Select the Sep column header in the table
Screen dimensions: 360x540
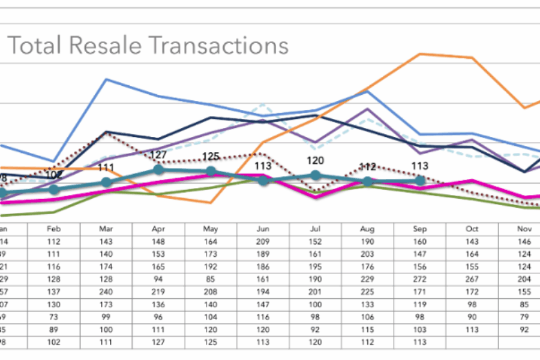(x=419, y=229)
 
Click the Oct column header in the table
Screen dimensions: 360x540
(x=472, y=229)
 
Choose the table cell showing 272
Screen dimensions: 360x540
(x=419, y=279)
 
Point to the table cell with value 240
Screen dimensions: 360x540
(x=106, y=292)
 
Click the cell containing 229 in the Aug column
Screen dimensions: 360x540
(x=367, y=279)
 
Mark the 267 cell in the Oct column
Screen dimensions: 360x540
(x=472, y=279)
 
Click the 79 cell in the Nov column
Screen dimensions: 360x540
(x=524, y=317)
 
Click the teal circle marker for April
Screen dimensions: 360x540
(x=158, y=170)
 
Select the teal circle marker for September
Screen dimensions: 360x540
(x=419, y=180)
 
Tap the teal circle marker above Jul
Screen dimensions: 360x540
(x=316, y=175)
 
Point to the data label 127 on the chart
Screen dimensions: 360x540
(x=158, y=155)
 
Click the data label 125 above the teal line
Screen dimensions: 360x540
(x=211, y=157)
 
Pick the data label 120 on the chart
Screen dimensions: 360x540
(x=316, y=160)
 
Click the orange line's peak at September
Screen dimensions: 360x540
(x=420, y=54)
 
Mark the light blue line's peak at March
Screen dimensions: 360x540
(x=106, y=79)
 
